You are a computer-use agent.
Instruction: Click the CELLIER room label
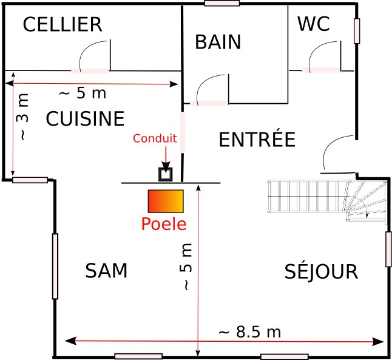62,25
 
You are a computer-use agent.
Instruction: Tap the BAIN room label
218,42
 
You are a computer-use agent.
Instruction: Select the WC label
313,25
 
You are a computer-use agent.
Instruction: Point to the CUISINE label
85,119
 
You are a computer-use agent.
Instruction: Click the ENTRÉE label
256,140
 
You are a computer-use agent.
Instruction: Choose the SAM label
106,271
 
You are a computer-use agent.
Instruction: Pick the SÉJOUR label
321,271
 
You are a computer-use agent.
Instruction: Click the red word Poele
163,224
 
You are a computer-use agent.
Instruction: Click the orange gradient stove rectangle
165,200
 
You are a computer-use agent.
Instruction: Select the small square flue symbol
165,174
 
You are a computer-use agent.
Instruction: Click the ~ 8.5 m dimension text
249,332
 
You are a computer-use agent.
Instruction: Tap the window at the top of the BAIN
221,3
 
